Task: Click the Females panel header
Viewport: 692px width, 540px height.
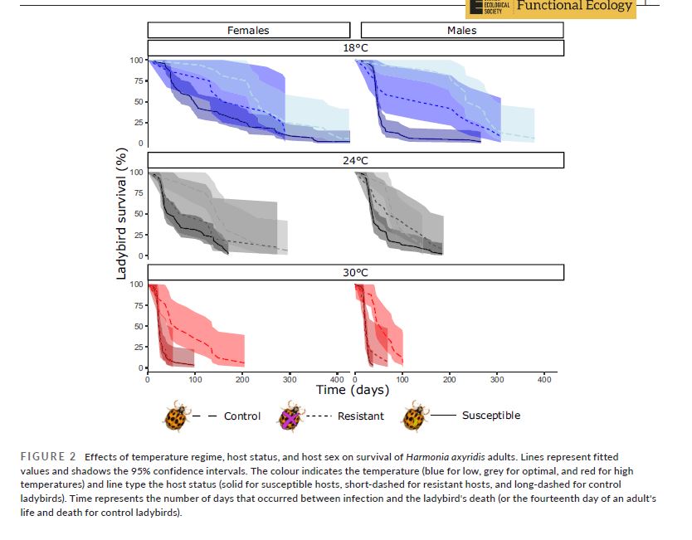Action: (x=248, y=31)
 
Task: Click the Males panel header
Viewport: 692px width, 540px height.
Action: (x=461, y=31)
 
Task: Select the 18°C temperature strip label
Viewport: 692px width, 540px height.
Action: (x=355, y=48)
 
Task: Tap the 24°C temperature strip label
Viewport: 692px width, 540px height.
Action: (x=355, y=160)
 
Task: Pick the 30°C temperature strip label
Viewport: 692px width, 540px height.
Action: (x=355, y=272)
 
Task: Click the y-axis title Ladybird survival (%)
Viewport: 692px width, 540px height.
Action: (x=121, y=213)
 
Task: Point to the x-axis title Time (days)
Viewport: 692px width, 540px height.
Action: (x=353, y=390)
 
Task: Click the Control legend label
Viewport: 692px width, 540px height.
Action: (x=242, y=416)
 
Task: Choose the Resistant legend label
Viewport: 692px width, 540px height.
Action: (x=360, y=416)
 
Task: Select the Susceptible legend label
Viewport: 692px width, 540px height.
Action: (x=491, y=416)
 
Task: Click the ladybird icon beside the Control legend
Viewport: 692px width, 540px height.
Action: (x=176, y=416)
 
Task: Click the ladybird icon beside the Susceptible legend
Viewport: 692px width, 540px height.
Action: (x=414, y=416)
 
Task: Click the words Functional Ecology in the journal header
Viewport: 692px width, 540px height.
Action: (x=574, y=7)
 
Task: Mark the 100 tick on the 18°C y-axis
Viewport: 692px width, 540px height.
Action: (x=135, y=61)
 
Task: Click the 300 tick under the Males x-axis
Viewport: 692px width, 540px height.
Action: (x=497, y=379)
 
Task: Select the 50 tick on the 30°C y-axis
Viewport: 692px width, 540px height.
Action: (x=138, y=326)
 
